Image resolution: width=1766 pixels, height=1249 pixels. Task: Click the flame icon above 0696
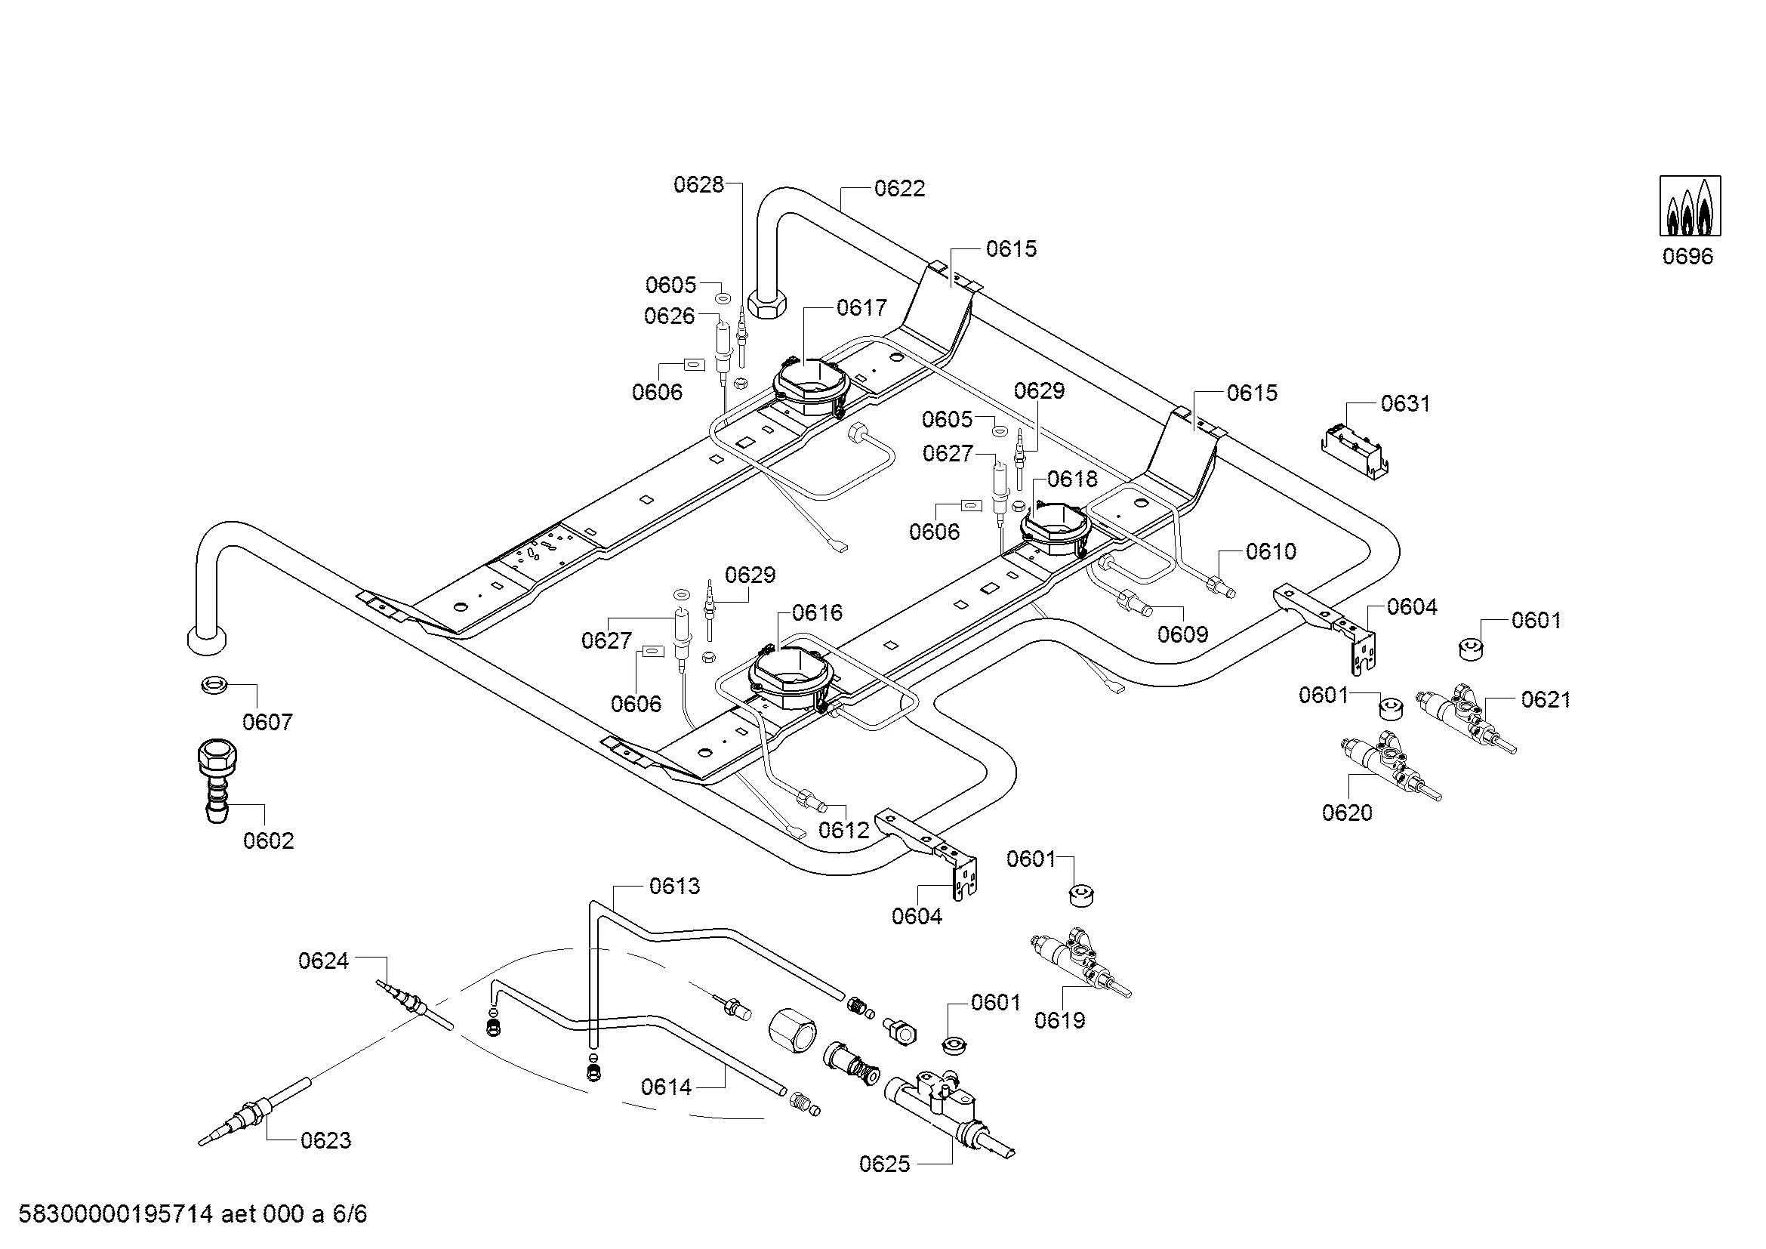(x=1690, y=205)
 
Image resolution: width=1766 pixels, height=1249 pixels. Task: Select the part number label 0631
(x=1405, y=404)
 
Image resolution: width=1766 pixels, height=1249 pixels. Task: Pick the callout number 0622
(x=899, y=190)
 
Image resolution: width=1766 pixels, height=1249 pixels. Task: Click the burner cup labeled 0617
(x=811, y=387)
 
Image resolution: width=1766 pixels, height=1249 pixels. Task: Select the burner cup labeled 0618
(x=1056, y=529)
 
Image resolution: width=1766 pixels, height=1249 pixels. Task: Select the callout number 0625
(x=885, y=1164)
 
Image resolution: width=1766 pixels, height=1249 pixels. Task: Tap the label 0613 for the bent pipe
(x=674, y=887)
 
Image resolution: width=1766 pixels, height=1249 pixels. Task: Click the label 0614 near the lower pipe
(x=666, y=1087)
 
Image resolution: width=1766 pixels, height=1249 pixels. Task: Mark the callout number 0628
(x=698, y=184)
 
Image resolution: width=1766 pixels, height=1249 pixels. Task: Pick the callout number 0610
(x=1271, y=551)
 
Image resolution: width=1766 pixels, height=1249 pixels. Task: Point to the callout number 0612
(x=844, y=830)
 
